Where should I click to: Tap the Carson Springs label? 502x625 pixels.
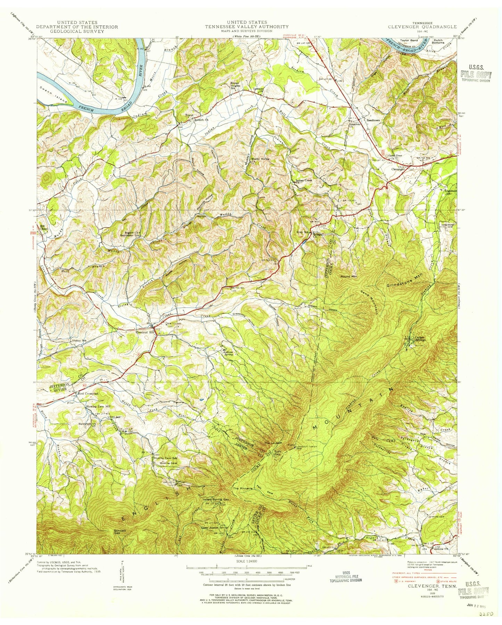418,338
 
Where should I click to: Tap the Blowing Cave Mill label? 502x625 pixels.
98,406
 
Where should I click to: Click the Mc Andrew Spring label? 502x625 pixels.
227,353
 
